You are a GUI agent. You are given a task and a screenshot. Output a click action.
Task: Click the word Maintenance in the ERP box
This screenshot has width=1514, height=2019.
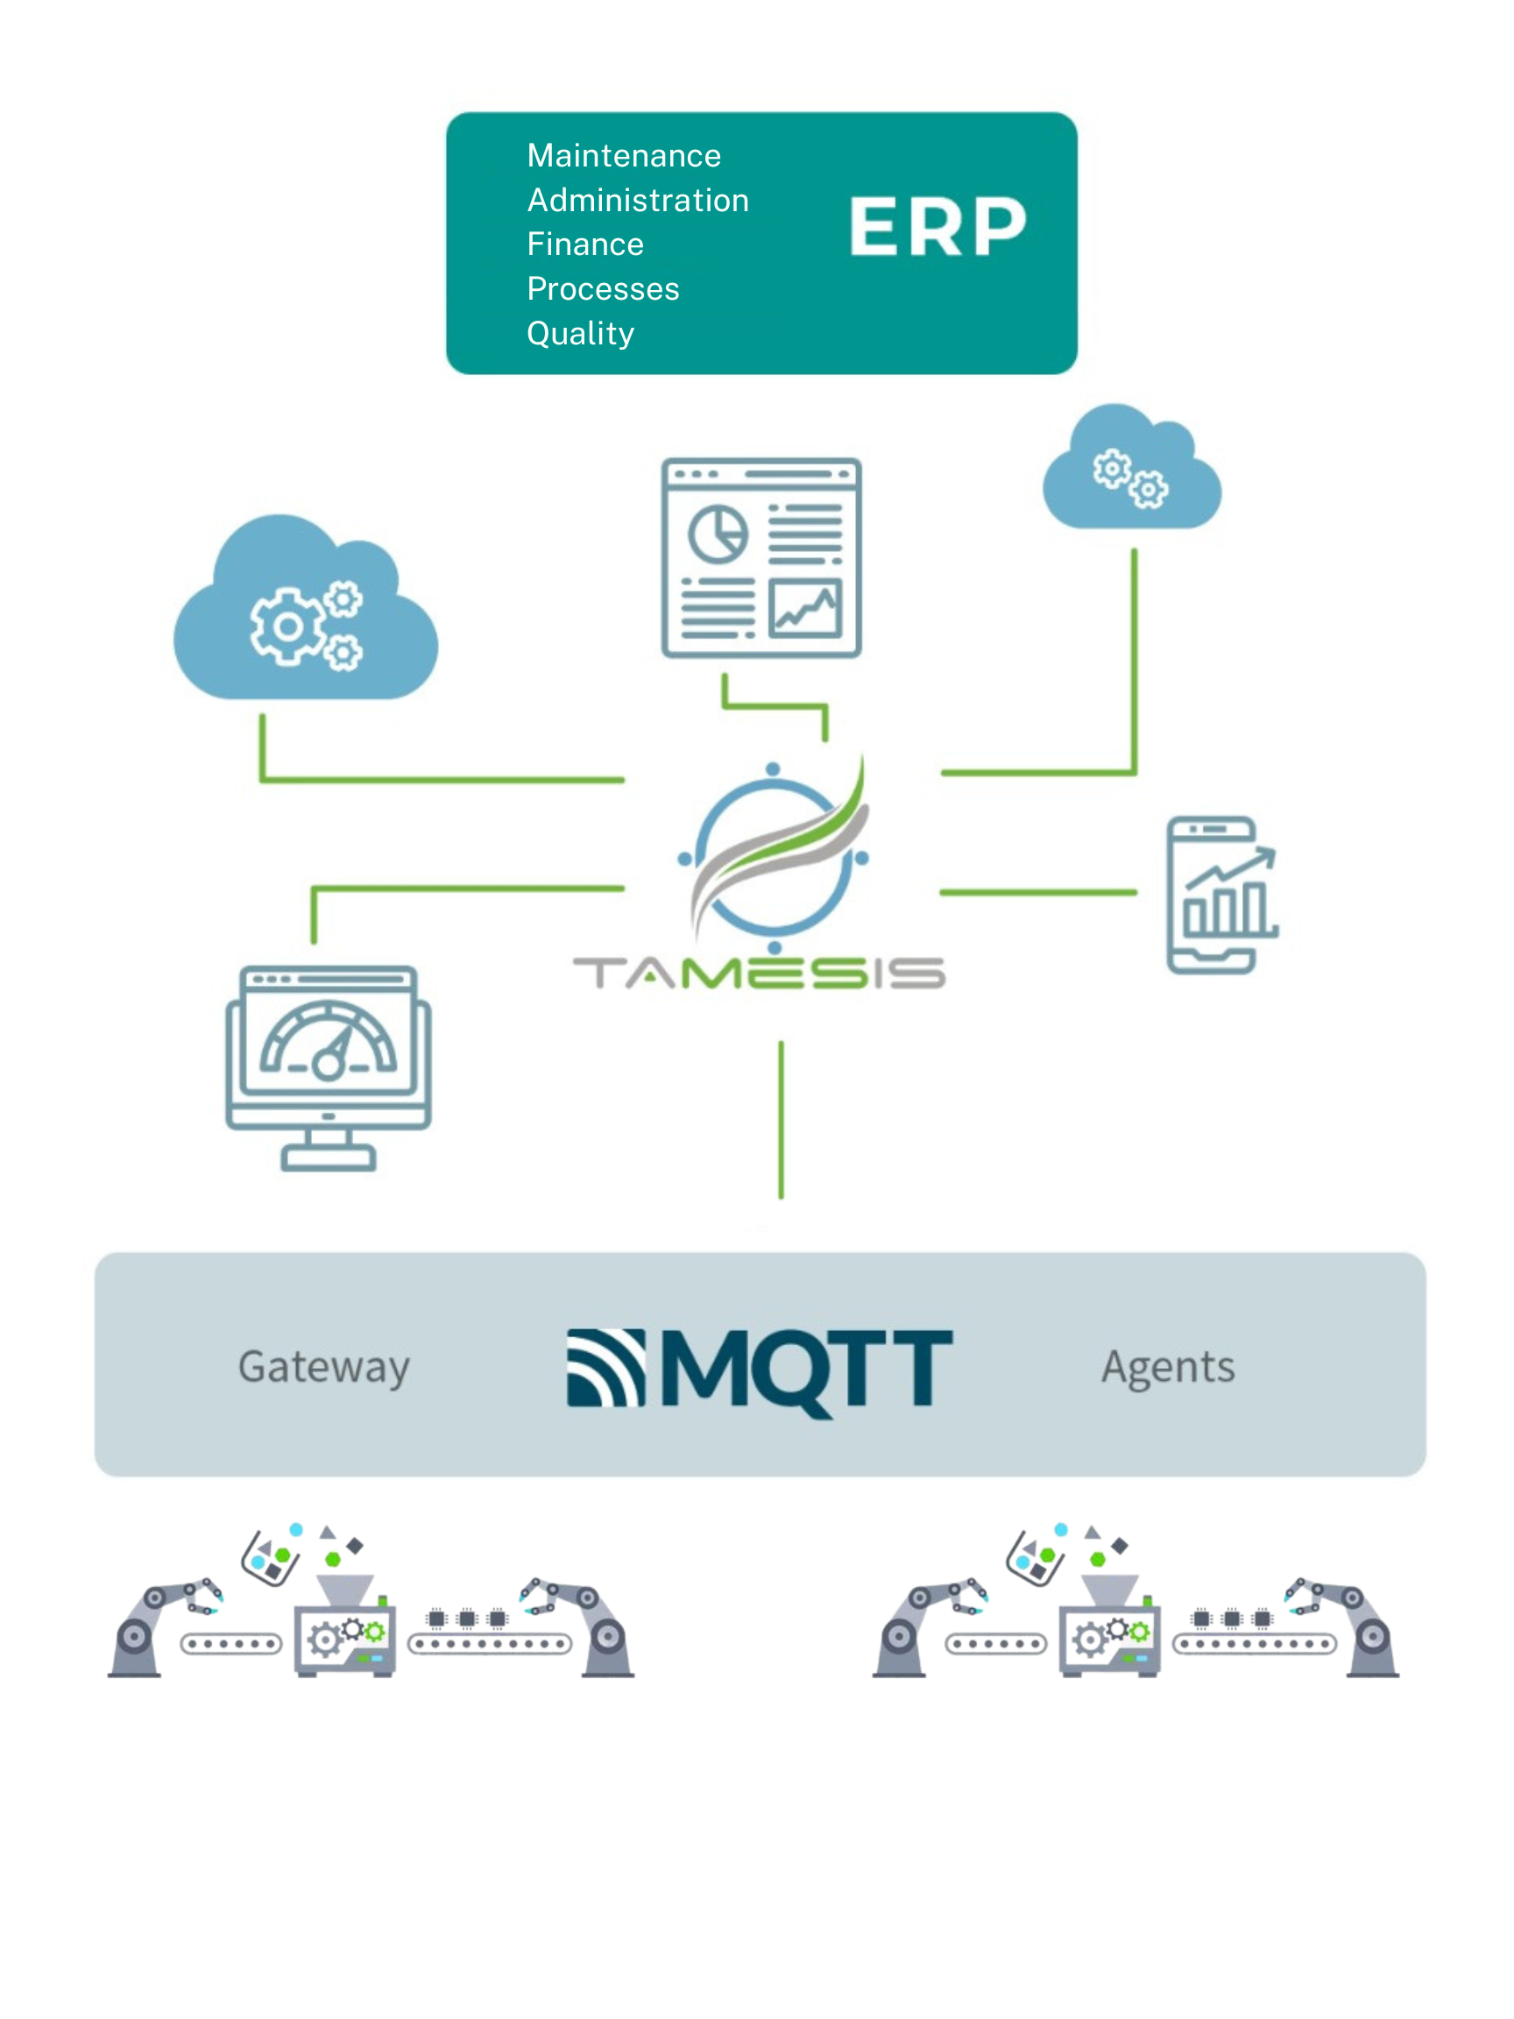coord(623,156)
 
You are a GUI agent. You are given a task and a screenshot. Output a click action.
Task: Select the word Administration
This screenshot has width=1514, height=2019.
coord(637,201)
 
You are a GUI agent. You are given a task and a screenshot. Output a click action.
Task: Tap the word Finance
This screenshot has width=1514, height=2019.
coord(585,244)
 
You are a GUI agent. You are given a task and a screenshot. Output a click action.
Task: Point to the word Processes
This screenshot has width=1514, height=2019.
coord(602,289)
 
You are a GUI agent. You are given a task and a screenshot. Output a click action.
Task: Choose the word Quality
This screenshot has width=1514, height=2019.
coord(580,333)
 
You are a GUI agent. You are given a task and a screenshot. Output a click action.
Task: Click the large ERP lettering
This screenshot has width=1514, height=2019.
coord(937,227)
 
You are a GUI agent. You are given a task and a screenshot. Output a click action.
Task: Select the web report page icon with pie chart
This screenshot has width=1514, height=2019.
coord(761,557)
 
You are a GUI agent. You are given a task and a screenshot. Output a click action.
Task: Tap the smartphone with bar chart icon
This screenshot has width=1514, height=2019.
coord(1220,896)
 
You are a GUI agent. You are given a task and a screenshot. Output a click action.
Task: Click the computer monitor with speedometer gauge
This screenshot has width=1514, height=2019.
coord(329,1066)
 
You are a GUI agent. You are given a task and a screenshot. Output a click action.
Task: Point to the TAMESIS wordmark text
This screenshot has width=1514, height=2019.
coord(759,973)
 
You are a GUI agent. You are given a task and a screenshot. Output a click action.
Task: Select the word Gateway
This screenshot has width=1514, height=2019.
coord(324,1366)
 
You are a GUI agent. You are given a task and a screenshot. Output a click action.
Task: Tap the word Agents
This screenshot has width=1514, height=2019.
coord(1167,1366)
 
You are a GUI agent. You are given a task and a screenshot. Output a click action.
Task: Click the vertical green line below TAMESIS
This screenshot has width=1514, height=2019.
coord(781,1119)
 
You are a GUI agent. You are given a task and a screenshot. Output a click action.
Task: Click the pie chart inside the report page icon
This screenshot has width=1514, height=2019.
coord(718,534)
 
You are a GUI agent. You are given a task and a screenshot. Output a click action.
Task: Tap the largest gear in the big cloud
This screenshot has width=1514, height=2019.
coord(287,627)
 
